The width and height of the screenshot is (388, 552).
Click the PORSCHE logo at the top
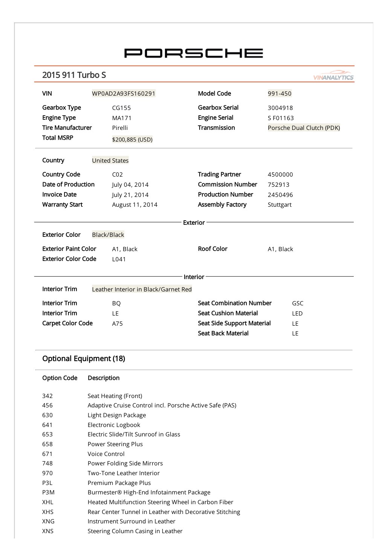tap(194, 53)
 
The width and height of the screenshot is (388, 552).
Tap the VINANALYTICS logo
tap(333, 76)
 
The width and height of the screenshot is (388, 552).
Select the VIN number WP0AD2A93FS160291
tap(124, 93)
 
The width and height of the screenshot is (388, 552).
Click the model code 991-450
tap(280, 93)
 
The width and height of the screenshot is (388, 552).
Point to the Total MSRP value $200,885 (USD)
tap(132, 139)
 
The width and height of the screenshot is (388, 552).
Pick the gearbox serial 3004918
tap(280, 108)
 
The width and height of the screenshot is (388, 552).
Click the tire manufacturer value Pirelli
tap(120, 128)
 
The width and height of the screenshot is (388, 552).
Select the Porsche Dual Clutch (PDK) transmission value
tap(304, 128)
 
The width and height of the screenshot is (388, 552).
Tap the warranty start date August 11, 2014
tap(134, 204)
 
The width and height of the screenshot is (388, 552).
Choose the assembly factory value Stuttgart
tap(280, 204)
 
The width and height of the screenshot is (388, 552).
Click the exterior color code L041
tap(119, 259)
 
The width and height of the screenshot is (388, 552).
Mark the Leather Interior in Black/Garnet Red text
tap(142, 289)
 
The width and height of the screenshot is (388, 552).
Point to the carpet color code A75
tap(117, 323)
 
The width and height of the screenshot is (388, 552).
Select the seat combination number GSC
tap(297, 303)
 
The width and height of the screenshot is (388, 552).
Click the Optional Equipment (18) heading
tap(84, 358)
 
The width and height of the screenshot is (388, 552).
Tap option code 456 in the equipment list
tap(47, 405)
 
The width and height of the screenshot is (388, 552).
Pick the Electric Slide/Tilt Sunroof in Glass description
tap(134, 434)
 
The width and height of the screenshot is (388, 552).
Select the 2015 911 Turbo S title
tap(74, 75)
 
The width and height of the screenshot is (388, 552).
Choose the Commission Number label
tap(227, 184)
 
